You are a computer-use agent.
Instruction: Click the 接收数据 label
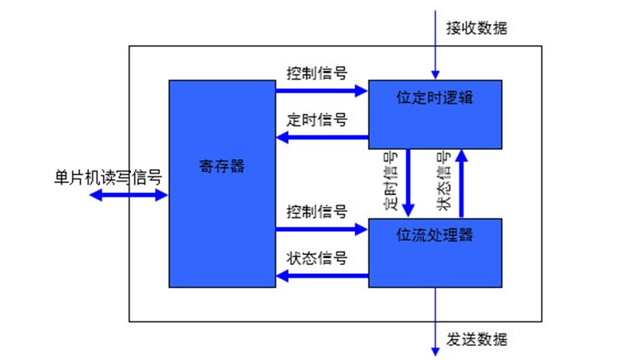click(x=476, y=28)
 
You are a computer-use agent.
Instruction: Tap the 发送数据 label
click(x=476, y=340)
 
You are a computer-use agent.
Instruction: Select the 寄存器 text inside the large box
click(x=221, y=167)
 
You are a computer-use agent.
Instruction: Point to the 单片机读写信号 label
click(x=108, y=177)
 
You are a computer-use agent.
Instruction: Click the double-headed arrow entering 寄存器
click(x=129, y=195)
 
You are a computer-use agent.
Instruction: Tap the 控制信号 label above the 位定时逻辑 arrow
click(x=317, y=73)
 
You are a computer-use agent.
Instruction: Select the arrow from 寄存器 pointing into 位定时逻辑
click(x=321, y=90)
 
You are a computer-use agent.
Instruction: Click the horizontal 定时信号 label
click(x=317, y=119)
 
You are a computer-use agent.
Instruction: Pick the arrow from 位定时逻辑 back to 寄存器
click(x=321, y=136)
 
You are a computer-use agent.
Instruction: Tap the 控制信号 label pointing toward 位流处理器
click(x=317, y=211)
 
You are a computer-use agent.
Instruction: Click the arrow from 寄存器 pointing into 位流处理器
click(x=321, y=228)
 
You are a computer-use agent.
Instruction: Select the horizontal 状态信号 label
click(x=317, y=257)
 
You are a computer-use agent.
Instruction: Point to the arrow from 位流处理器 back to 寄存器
click(x=321, y=275)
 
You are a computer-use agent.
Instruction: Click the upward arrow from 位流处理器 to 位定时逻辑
click(x=461, y=183)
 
